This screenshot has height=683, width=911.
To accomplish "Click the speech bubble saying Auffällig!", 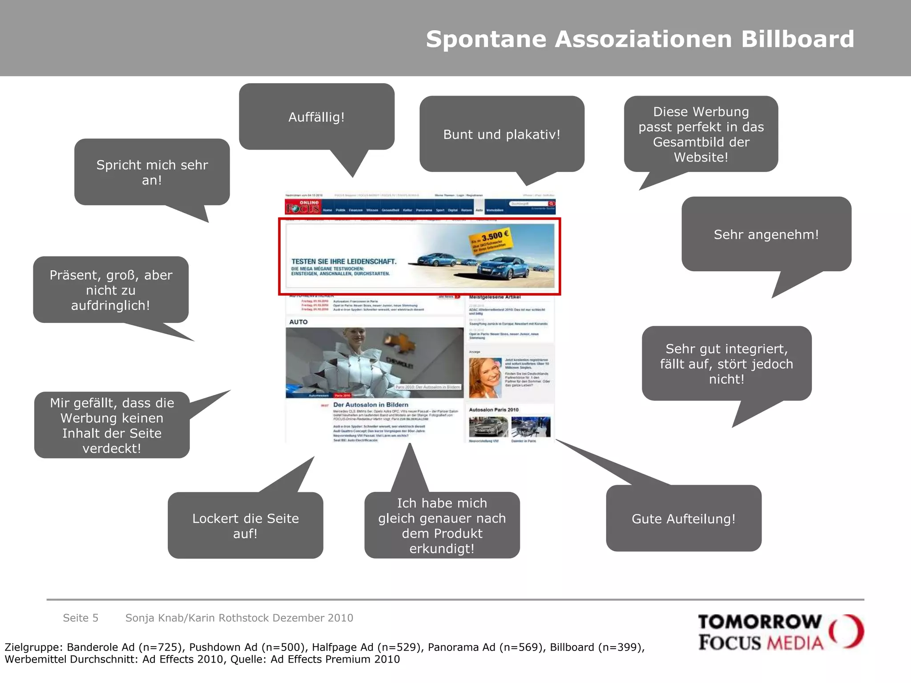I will coord(316,117).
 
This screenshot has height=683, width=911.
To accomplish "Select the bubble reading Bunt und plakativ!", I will coord(501,134).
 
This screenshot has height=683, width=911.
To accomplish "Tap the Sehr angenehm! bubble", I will coord(766,234).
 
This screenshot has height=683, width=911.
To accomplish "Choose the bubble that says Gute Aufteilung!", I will coord(683,518).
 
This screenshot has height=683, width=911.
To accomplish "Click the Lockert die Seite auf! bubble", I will coord(245,526).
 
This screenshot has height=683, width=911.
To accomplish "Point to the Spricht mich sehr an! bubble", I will coord(152,172).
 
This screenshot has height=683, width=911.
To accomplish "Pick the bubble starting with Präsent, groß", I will coord(111,290).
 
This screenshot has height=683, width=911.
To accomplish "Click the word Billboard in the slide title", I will coord(797,39).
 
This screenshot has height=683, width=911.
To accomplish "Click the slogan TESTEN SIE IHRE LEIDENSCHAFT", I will coord(343,261).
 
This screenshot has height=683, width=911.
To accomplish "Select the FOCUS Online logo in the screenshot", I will coord(303,207).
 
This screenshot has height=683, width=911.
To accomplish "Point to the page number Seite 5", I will coord(81,618).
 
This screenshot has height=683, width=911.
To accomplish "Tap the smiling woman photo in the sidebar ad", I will coord(485,378).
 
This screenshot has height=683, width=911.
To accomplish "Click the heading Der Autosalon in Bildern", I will coord(371,405).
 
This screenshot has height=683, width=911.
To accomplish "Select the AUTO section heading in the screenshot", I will coord(298,322).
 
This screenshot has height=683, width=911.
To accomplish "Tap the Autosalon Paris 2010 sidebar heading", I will coord(493,410).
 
